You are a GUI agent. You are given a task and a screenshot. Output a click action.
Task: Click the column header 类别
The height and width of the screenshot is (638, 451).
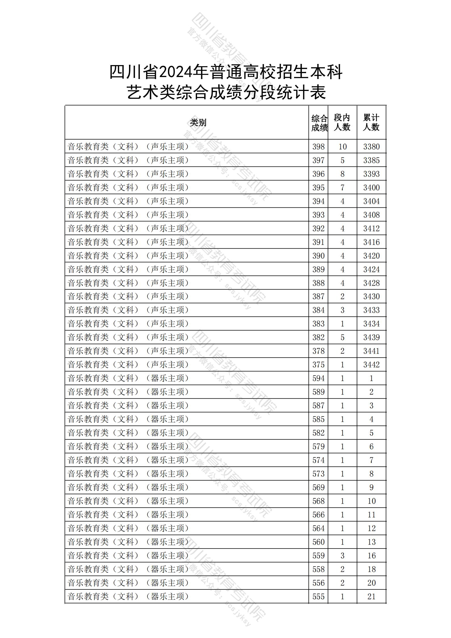(198, 123)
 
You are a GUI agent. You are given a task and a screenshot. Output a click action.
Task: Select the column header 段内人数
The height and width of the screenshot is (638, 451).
(342, 122)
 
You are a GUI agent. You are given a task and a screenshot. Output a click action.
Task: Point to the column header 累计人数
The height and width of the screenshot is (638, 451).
(371, 122)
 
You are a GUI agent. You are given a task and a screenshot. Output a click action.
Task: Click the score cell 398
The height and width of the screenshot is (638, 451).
(318, 147)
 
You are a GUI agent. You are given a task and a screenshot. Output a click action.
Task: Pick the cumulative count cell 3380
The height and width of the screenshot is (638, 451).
(371, 147)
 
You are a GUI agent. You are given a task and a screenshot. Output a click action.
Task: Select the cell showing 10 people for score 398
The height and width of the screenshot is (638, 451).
(342, 147)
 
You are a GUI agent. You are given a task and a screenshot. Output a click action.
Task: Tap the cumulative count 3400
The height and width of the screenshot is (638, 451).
(371, 188)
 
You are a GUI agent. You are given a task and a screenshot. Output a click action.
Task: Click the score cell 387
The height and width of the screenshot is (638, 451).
(318, 296)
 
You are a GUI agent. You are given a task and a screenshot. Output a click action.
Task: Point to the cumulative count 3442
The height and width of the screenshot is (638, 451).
(371, 365)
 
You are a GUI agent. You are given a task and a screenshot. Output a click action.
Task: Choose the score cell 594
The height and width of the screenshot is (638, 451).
(318, 378)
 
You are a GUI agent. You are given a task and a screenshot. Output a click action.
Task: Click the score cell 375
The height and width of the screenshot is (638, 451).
(318, 365)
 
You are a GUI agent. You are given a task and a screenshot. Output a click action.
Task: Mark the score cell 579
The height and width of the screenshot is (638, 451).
(318, 446)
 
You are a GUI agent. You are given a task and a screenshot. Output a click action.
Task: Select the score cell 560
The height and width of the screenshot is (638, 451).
(318, 542)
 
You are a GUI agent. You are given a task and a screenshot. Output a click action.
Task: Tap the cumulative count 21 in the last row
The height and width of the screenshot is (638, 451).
(371, 597)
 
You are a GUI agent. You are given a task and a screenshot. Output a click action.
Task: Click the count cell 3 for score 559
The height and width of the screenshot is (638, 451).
(342, 556)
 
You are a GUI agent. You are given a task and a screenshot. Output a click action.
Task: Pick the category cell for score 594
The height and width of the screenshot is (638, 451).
(128, 378)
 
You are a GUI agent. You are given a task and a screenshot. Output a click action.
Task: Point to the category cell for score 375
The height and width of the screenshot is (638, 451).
(128, 365)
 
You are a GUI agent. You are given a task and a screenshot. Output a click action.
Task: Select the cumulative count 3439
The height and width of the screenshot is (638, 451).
(371, 337)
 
